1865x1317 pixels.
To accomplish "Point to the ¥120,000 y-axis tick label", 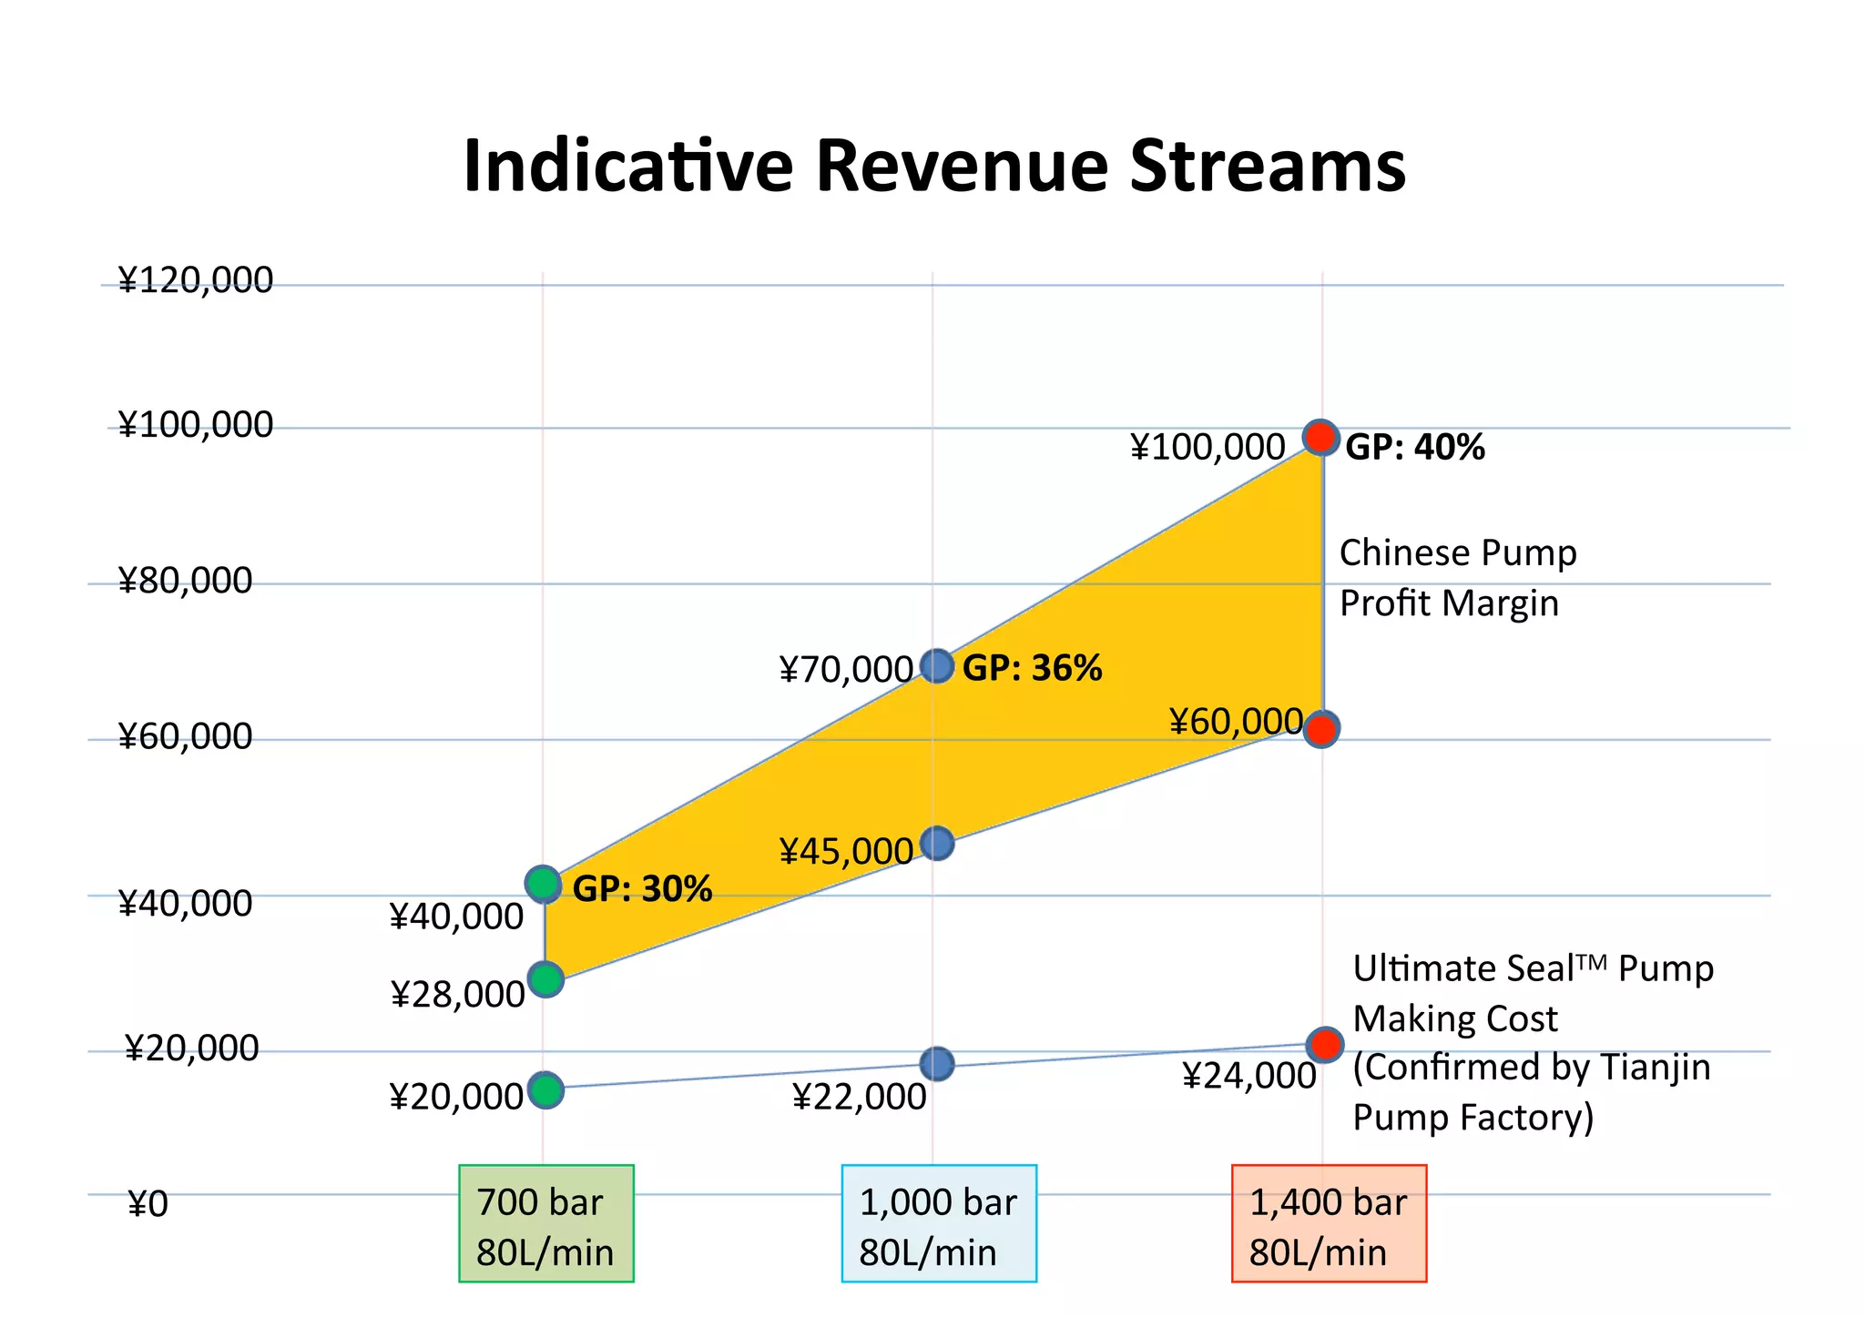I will click(x=195, y=280).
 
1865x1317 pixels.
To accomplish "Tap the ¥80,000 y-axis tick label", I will click(x=185, y=581).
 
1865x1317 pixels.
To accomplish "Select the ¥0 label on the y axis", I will click(x=148, y=1204).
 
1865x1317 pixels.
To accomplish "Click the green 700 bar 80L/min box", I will click(x=545, y=1223).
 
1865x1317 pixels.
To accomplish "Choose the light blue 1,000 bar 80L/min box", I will click(x=938, y=1223).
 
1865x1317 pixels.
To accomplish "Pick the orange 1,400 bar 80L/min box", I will click(x=1328, y=1223).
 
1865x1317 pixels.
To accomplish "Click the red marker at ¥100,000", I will click(x=1320, y=438).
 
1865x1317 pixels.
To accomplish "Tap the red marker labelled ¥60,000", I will click(x=1320, y=729).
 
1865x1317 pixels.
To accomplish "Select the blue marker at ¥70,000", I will click(x=937, y=666).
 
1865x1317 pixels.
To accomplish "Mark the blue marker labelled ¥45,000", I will click(x=937, y=844).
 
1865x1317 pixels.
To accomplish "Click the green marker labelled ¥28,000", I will click(x=545, y=979).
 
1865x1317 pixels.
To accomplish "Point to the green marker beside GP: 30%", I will click(x=544, y=884).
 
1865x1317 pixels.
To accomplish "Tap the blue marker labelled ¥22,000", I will click(x=937, y=1063).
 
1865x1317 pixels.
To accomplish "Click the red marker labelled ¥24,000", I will click(x=1325, y=1044).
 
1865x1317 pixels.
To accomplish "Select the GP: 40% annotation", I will click(x=1414, y=448).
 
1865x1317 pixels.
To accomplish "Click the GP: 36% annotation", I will click(x=1032, y=669).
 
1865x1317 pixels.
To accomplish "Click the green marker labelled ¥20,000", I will click(x=545, y=1089).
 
